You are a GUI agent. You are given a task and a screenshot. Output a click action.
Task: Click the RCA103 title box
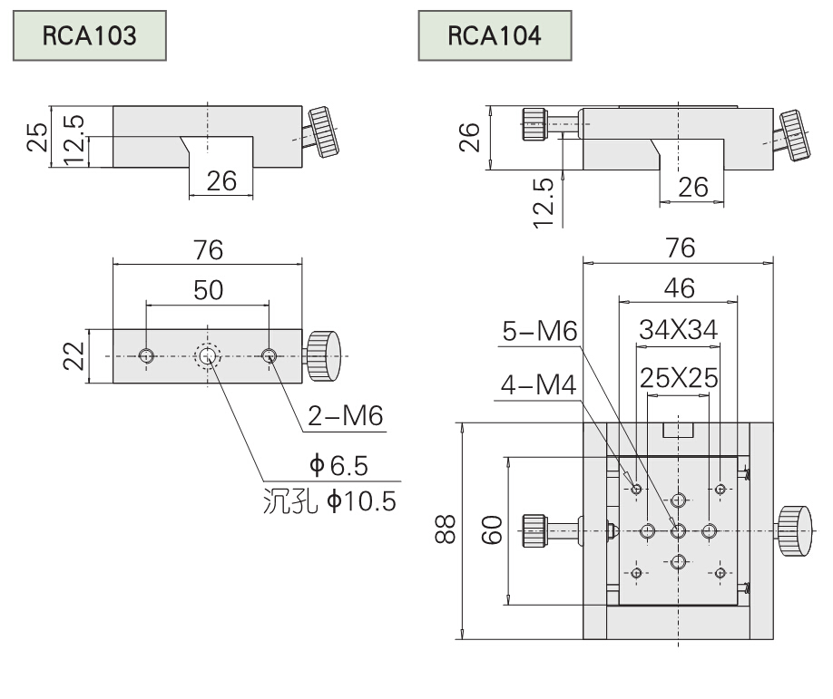[x=89, y=35]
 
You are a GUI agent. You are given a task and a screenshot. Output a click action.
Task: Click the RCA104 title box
[x=495, y=35]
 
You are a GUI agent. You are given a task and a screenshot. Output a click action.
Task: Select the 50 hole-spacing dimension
[x=208, y=290]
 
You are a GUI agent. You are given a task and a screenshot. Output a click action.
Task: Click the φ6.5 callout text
[x=340, y=466]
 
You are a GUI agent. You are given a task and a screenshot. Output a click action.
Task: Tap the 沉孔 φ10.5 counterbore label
[x=328, y=500]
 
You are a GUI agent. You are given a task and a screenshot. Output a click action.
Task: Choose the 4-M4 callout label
[x=536, y=385]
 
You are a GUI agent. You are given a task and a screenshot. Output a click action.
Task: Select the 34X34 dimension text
[x=678, y=330]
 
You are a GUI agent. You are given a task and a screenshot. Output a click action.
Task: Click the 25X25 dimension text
[x=678, y=376]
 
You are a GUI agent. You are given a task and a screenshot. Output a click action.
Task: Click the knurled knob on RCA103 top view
[x=323, y=356]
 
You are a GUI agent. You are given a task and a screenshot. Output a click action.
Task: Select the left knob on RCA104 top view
[x=534, y=530]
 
